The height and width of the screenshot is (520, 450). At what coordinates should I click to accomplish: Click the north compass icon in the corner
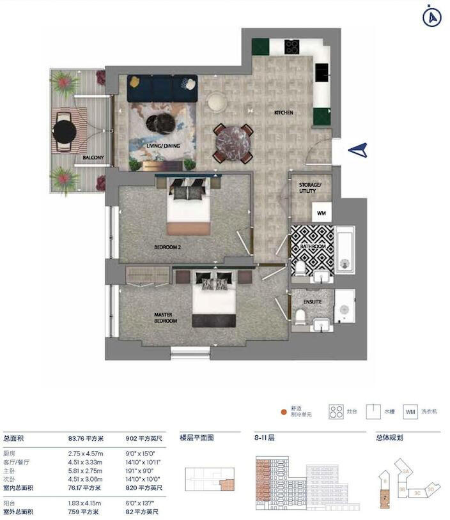(x=433, y=17)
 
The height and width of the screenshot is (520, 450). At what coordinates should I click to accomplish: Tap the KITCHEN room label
(x=284, y=113)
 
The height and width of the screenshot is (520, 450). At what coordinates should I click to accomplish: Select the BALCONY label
(x=93, y=157)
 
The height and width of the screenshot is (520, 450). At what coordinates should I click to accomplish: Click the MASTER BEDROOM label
(x=166, y=317)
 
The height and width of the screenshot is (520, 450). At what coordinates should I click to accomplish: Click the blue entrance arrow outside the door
(x=359, y=150)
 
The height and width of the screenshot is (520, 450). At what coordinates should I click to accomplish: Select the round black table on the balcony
(x=65, y=132)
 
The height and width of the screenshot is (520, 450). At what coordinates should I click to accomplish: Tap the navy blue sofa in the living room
(x=162, y=88)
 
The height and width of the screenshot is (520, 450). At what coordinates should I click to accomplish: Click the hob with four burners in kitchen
(x=291, y=47)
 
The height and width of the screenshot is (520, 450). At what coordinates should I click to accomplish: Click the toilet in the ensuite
(x=299, y=316)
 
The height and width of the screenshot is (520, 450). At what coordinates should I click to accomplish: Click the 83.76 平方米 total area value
(x=86, y=439)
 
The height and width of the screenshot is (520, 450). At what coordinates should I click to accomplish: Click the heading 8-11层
(x=264, y=438)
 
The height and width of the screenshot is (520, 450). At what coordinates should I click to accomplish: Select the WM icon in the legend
(x=410, y=412)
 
